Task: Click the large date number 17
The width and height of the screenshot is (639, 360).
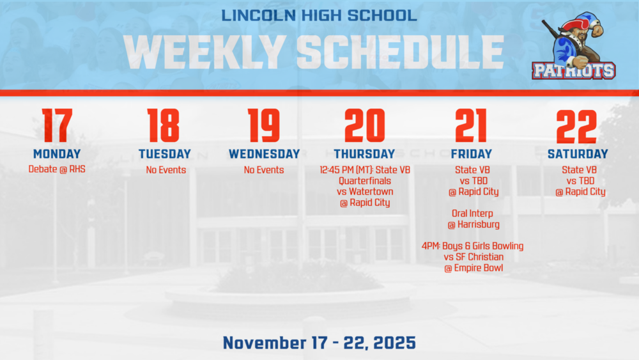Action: pyautogui.click(x=57, y=126)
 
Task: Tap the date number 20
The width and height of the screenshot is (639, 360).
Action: pyautogui.click(x=364, y=126)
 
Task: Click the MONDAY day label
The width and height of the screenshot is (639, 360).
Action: pyautogui.click(x=57, y=154)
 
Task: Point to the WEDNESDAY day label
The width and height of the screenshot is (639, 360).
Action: pyautogui.click(x=264, y=154)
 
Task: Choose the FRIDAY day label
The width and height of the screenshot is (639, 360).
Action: pyautogui.click(x=471, y=154)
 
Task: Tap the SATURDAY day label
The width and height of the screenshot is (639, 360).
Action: pyautogui.click(x=578, y=154)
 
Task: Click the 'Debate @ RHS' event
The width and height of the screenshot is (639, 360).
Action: pyautogui.click(x=57, y=169)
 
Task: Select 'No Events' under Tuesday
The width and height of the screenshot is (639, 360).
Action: pyautogui.click(x=166, y=170)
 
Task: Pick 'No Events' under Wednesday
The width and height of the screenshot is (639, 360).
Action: pyautogui.click(x=264, y=170)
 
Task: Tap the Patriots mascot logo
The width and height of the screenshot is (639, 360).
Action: pyautogui.click(x=574, y=48)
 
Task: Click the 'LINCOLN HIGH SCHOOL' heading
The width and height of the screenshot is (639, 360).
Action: pyautogui.click(x=319, y=15)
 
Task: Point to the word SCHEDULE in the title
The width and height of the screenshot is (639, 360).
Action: pyautogui.click(x=401, y=51)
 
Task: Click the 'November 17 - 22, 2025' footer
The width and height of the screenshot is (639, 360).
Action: pyautogui.click(x=319, y=343)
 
